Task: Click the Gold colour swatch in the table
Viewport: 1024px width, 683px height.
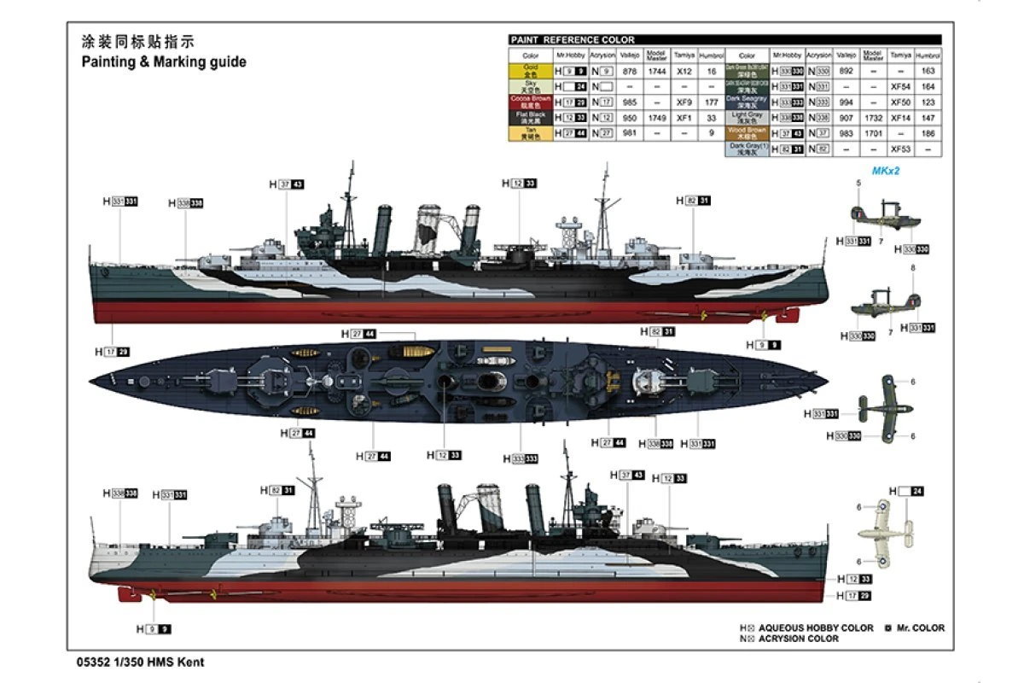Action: [530, 72]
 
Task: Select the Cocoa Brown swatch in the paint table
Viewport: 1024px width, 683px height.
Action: [530, 101]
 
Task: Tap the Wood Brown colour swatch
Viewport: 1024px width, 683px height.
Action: [747, 134]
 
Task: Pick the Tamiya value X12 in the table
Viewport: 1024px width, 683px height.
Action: [684, 72]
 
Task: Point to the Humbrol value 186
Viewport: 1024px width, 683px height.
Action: [929, 134]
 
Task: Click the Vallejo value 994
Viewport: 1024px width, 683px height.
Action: [846, 102]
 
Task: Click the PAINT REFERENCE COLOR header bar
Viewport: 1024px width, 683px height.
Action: [724, 39]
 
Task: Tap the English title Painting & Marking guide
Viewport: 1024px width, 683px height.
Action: [164, 61]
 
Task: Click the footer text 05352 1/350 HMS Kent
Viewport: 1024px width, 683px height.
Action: [139, 661]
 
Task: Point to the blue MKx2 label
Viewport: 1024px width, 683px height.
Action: [887, 171]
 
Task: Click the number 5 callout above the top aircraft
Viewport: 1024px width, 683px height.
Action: [859, 183]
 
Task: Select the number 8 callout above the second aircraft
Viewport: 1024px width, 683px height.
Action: [913, 268]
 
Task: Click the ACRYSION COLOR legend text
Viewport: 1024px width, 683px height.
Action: [799, 639]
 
